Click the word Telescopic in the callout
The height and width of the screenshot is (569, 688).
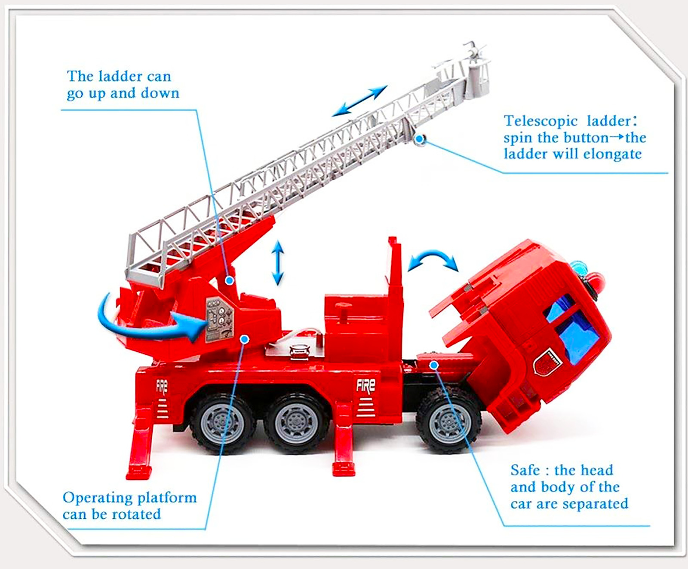(541, 122)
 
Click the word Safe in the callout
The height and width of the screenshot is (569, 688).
(525, 470)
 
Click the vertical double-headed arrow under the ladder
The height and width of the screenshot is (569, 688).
(278, 263)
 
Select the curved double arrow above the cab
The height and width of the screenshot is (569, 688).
(433, 257)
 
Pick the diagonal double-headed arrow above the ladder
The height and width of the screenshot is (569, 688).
(360, 101)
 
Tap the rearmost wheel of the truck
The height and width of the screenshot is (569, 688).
(222, 423)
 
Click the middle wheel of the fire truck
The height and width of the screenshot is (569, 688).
(296, 423)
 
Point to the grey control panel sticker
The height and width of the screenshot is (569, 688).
(219, 320)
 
